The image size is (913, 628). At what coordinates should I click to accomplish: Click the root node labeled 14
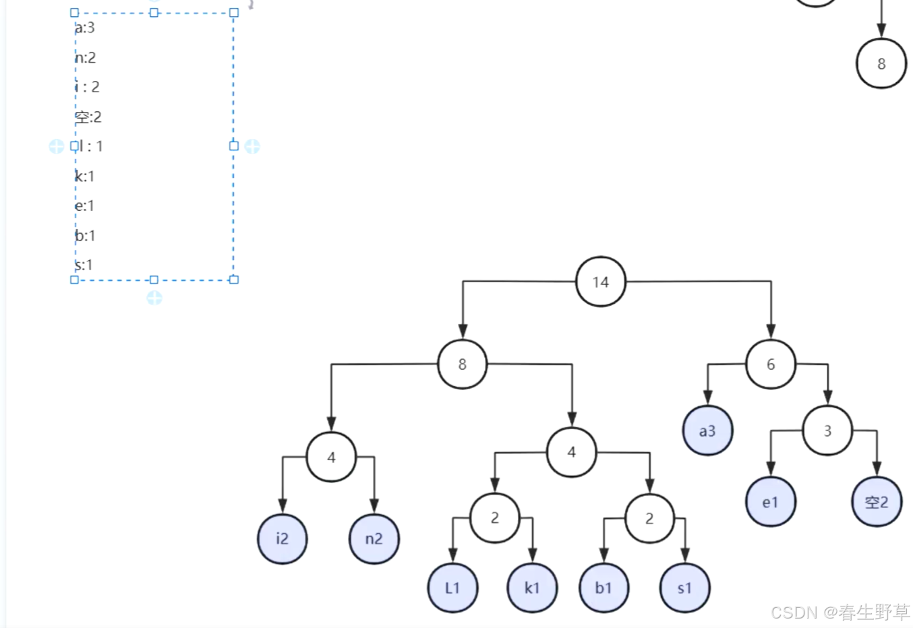pyautogui.click(x=600, y=282)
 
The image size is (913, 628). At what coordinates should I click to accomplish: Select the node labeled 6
pyautogui.click(x=771, y=365)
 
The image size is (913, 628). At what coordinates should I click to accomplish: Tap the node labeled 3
pyautogui.click(x=827, y=431)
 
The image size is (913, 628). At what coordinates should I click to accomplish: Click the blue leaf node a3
pyautogui.click(x=707, y=431)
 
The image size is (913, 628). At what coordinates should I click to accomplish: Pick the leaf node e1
pyautogui.click(x=770, y=502)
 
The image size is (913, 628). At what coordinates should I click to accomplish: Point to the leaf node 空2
pyautogui.click(x=877, y=502)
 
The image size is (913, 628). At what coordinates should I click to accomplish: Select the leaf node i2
pyautogui.click(x=282, y=538)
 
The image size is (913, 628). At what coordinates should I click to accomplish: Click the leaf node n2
pyautogui.click(x=374, y=538)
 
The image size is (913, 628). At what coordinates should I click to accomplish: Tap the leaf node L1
pyautogui.click(x=452, y=588)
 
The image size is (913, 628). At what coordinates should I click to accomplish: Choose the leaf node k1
pyautogui.click(x=532, y=588)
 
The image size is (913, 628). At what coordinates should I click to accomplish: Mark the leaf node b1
pyautogui.click(x=603, y=588)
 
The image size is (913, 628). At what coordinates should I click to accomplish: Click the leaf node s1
pyautogui.click(x=684, y=588)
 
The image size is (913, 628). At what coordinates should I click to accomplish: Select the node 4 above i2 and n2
pyautogui.click(x=331, y=457)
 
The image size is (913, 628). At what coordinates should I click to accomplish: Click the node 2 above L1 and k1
pyautogui.click(x=494, y=517)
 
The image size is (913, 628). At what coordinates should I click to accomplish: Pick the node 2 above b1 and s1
pyautogui.click(x=649, y=518)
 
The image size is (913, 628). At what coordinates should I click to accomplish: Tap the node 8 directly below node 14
pyautogui.click(x=462, y=365)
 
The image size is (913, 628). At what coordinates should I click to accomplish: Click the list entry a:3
pyautogui.click(x=85, y=28)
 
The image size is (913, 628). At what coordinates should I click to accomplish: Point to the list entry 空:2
pyautogui.click(x=88, y=117)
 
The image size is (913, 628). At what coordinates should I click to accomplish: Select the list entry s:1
pyautogui.click(x=84, y=265)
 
